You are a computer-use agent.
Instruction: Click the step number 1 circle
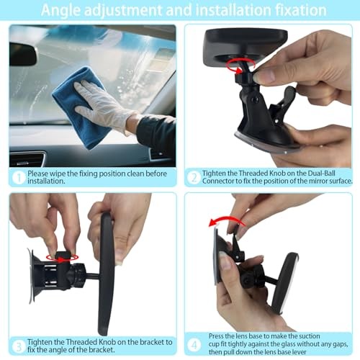(19, 178)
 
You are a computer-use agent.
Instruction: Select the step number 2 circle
(194, 178)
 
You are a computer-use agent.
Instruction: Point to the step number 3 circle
(19, 346)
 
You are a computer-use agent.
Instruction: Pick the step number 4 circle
(194, 345)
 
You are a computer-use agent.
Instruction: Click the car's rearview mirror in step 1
(23, 55)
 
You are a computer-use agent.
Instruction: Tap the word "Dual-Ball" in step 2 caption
(322, 173)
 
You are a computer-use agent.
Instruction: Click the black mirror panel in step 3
(107, 274)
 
